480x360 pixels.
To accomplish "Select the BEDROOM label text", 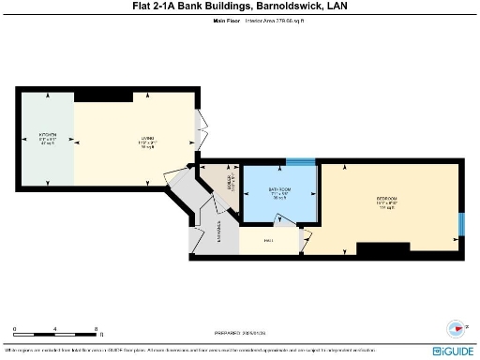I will tap(387, 199).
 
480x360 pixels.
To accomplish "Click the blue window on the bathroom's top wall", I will tap(300, 162).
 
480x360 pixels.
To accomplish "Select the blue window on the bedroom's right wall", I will tap(459, 225).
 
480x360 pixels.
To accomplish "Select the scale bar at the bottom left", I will tap(56, 335).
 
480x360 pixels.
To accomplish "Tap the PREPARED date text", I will tap(240, 331).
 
